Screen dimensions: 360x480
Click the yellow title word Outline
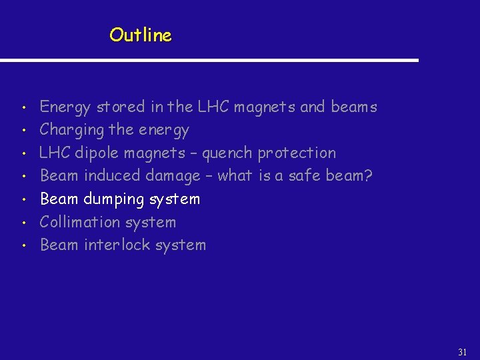click(x=141, y=35)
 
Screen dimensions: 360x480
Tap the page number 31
click(x=463, y=351)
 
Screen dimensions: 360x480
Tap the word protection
click(x=297, y=153)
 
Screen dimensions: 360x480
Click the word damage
click(x=175, y=176)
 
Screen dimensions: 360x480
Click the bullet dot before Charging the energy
click(x=23, y=130)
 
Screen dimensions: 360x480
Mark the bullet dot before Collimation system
click(x=23, y=223)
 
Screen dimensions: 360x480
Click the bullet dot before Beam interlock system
click(x=23, y=245)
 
